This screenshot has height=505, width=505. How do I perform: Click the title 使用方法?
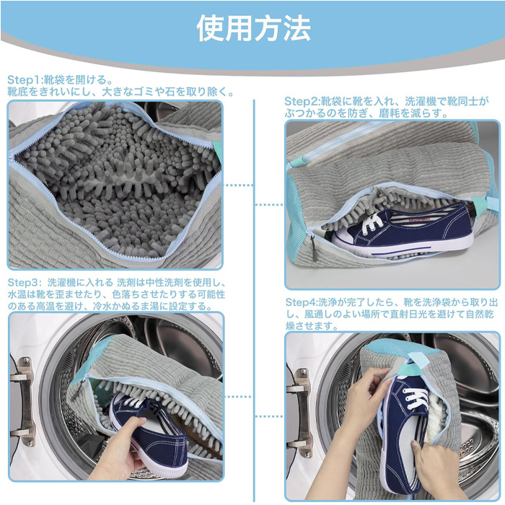(x=253, y=28)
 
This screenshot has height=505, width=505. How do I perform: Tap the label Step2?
(x=302, y=102)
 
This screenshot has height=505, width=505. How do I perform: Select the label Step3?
(x=25, y=283)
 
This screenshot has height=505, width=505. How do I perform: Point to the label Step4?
(x=302, y=302)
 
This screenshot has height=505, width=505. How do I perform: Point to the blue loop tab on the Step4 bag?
(x=419, y=361)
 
